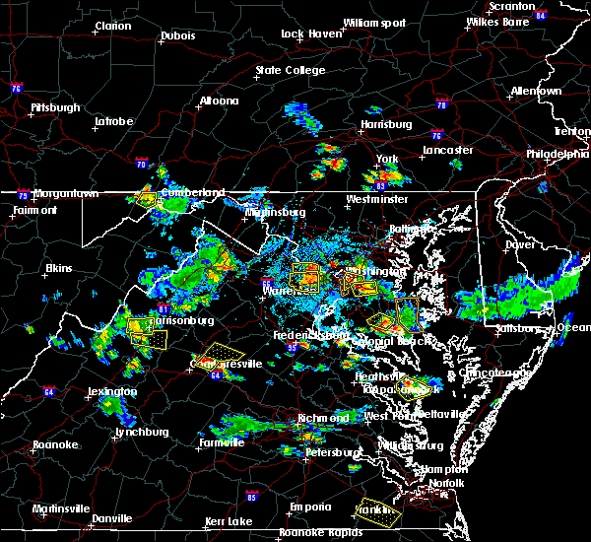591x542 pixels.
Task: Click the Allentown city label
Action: click(x=536, y=91)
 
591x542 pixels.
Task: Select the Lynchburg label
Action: click(x=115, y=432)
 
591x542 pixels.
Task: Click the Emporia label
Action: click(x=309, y=507)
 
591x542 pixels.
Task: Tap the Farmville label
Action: click(x=222, y=442)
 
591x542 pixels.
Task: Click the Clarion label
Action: click(x=113, y=26)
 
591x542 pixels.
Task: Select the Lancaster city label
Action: click(x=447, y=150)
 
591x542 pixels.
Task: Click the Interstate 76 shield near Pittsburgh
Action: click(x=16, y=88)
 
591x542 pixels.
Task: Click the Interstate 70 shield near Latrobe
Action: click(x=141, y=164)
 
